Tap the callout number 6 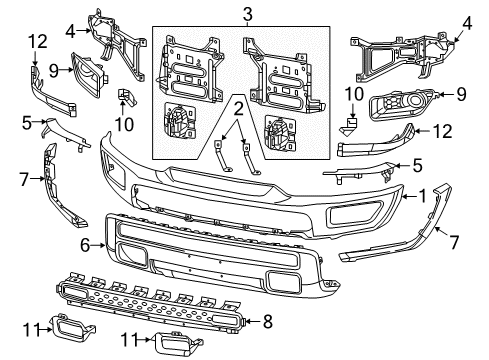coord(85,242)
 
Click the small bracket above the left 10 coord(125,96)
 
